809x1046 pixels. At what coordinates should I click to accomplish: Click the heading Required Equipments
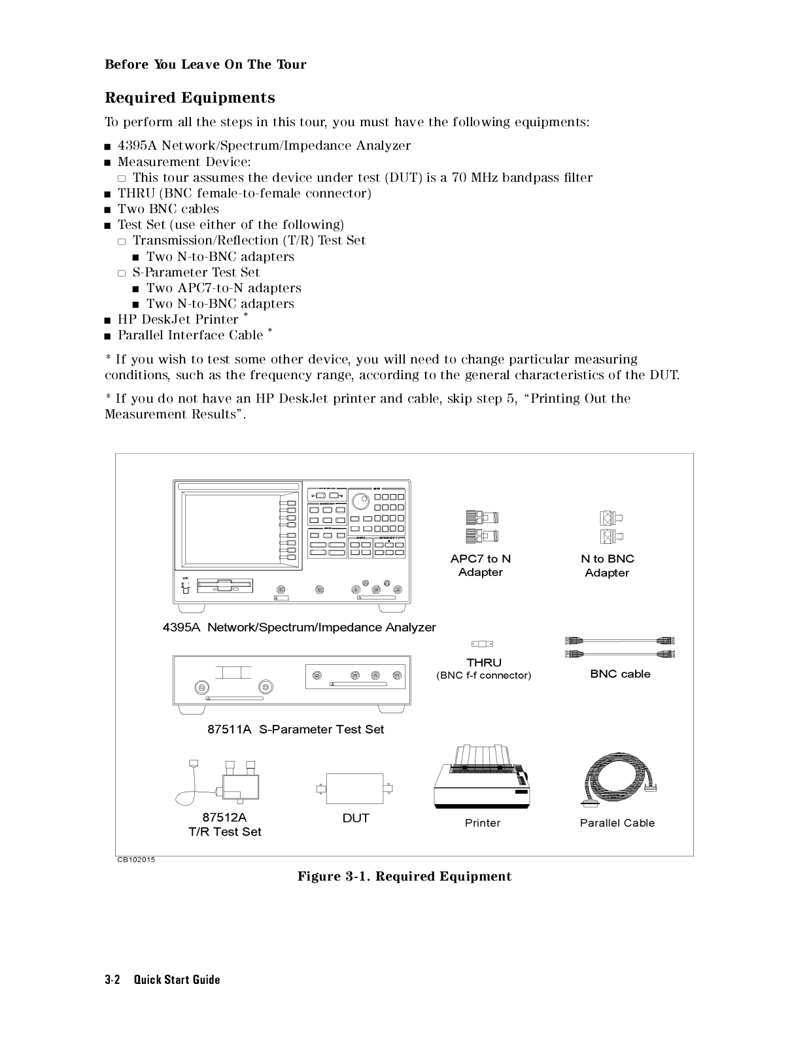[190, 98]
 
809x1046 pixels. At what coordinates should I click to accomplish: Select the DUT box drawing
[355, 789]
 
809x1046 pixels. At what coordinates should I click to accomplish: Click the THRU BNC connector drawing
[483, 644]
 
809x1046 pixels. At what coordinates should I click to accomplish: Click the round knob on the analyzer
[360, 501]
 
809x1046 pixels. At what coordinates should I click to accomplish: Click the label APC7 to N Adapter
[481, 565]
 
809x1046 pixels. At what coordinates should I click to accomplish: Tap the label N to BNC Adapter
[608, 565]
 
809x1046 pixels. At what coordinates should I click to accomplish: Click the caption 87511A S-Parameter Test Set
[296, 730]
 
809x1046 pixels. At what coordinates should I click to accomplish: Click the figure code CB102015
[136, 860]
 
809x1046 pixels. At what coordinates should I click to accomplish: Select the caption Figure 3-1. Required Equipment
[404, 877]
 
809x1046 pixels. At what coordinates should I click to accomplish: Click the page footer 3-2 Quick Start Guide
[162, 979]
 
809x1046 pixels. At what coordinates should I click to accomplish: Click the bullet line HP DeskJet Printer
[178, 320]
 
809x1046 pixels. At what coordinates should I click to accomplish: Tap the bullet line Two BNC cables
[168, 209]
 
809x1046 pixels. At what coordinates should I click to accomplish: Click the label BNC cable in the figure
[620, 674]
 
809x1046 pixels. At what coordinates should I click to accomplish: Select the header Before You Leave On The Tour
[205, 64]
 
